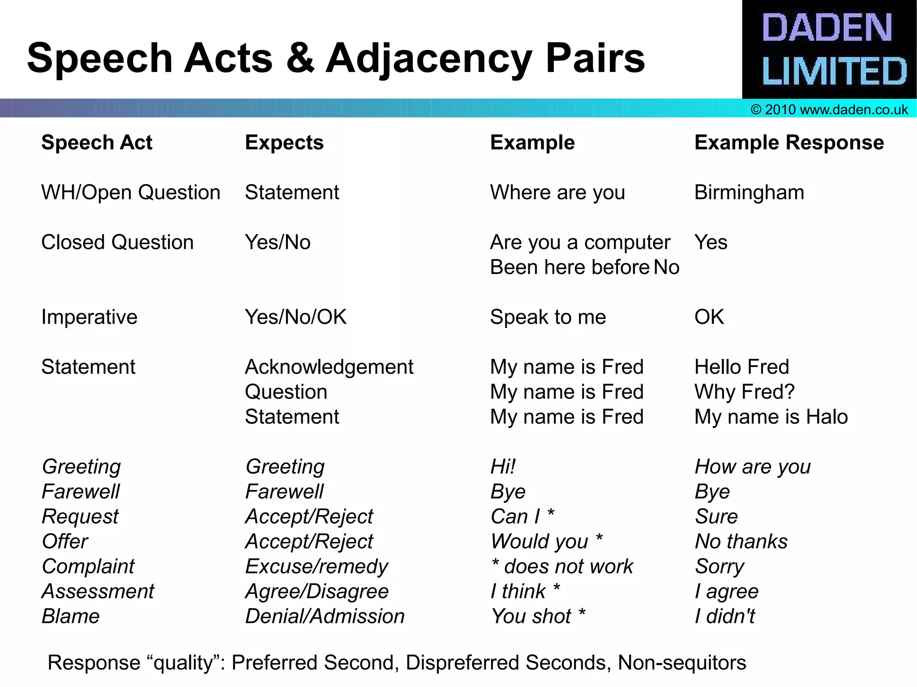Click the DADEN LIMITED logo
pos(829,49)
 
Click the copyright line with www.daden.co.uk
pos(829,110)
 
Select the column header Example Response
pos(789,143)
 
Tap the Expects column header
pos(284,143)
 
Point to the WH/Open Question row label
pos(131,192)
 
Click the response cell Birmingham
pos(749,192)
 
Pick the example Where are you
pos(557,192)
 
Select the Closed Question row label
pos(117,243)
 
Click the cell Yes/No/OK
pos(296,317)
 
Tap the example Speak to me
pos(548,317)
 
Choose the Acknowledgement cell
pos(329,367)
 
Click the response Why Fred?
pos(744,392)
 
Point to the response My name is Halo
pos(771,417)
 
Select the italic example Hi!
pos(503,467)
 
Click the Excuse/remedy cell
pos(317,567)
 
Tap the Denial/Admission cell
pos(325,616)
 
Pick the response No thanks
pos(741,542)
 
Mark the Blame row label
pos(71,616)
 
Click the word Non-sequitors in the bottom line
pos(682,663)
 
